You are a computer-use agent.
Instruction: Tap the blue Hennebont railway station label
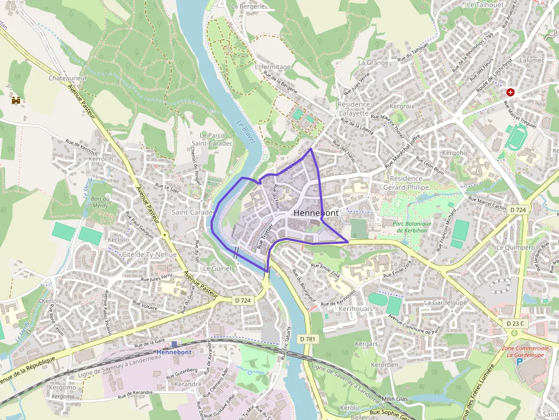click(173, 352)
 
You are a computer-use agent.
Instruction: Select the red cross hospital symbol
click(510, 91)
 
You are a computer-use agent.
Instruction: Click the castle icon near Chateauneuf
click(16, 100)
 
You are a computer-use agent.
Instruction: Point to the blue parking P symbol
click(519, 361)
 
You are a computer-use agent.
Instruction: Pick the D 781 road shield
click(307, 339)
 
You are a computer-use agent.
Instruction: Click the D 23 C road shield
click(514, 323)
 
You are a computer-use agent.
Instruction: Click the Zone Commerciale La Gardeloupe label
click(526, 351)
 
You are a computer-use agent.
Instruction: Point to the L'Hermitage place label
click(273, 67)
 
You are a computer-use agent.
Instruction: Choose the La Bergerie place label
click(248, 6)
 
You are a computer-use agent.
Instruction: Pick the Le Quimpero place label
click(516, 248)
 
